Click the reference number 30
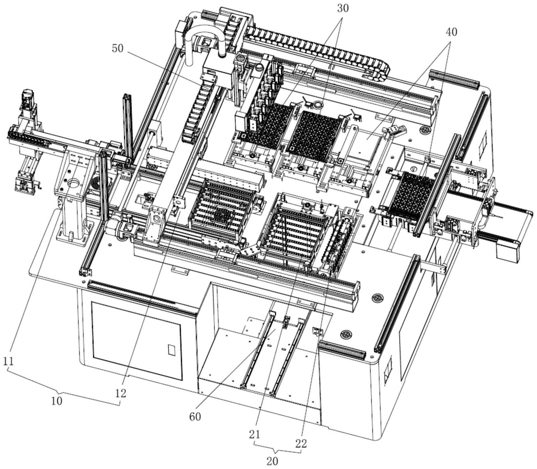342,8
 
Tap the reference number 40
451,32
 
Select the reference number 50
117,48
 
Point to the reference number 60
195,416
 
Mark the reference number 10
57,401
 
